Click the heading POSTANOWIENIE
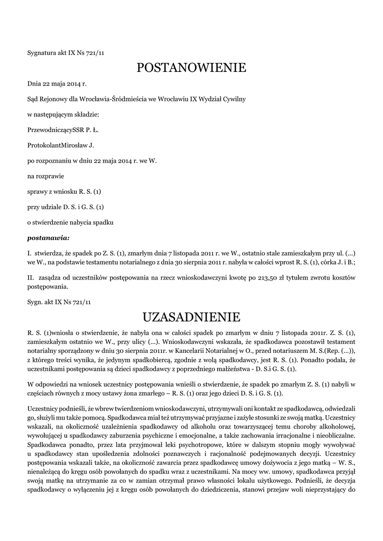coord(191,68)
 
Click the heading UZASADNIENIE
coord(191,317)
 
